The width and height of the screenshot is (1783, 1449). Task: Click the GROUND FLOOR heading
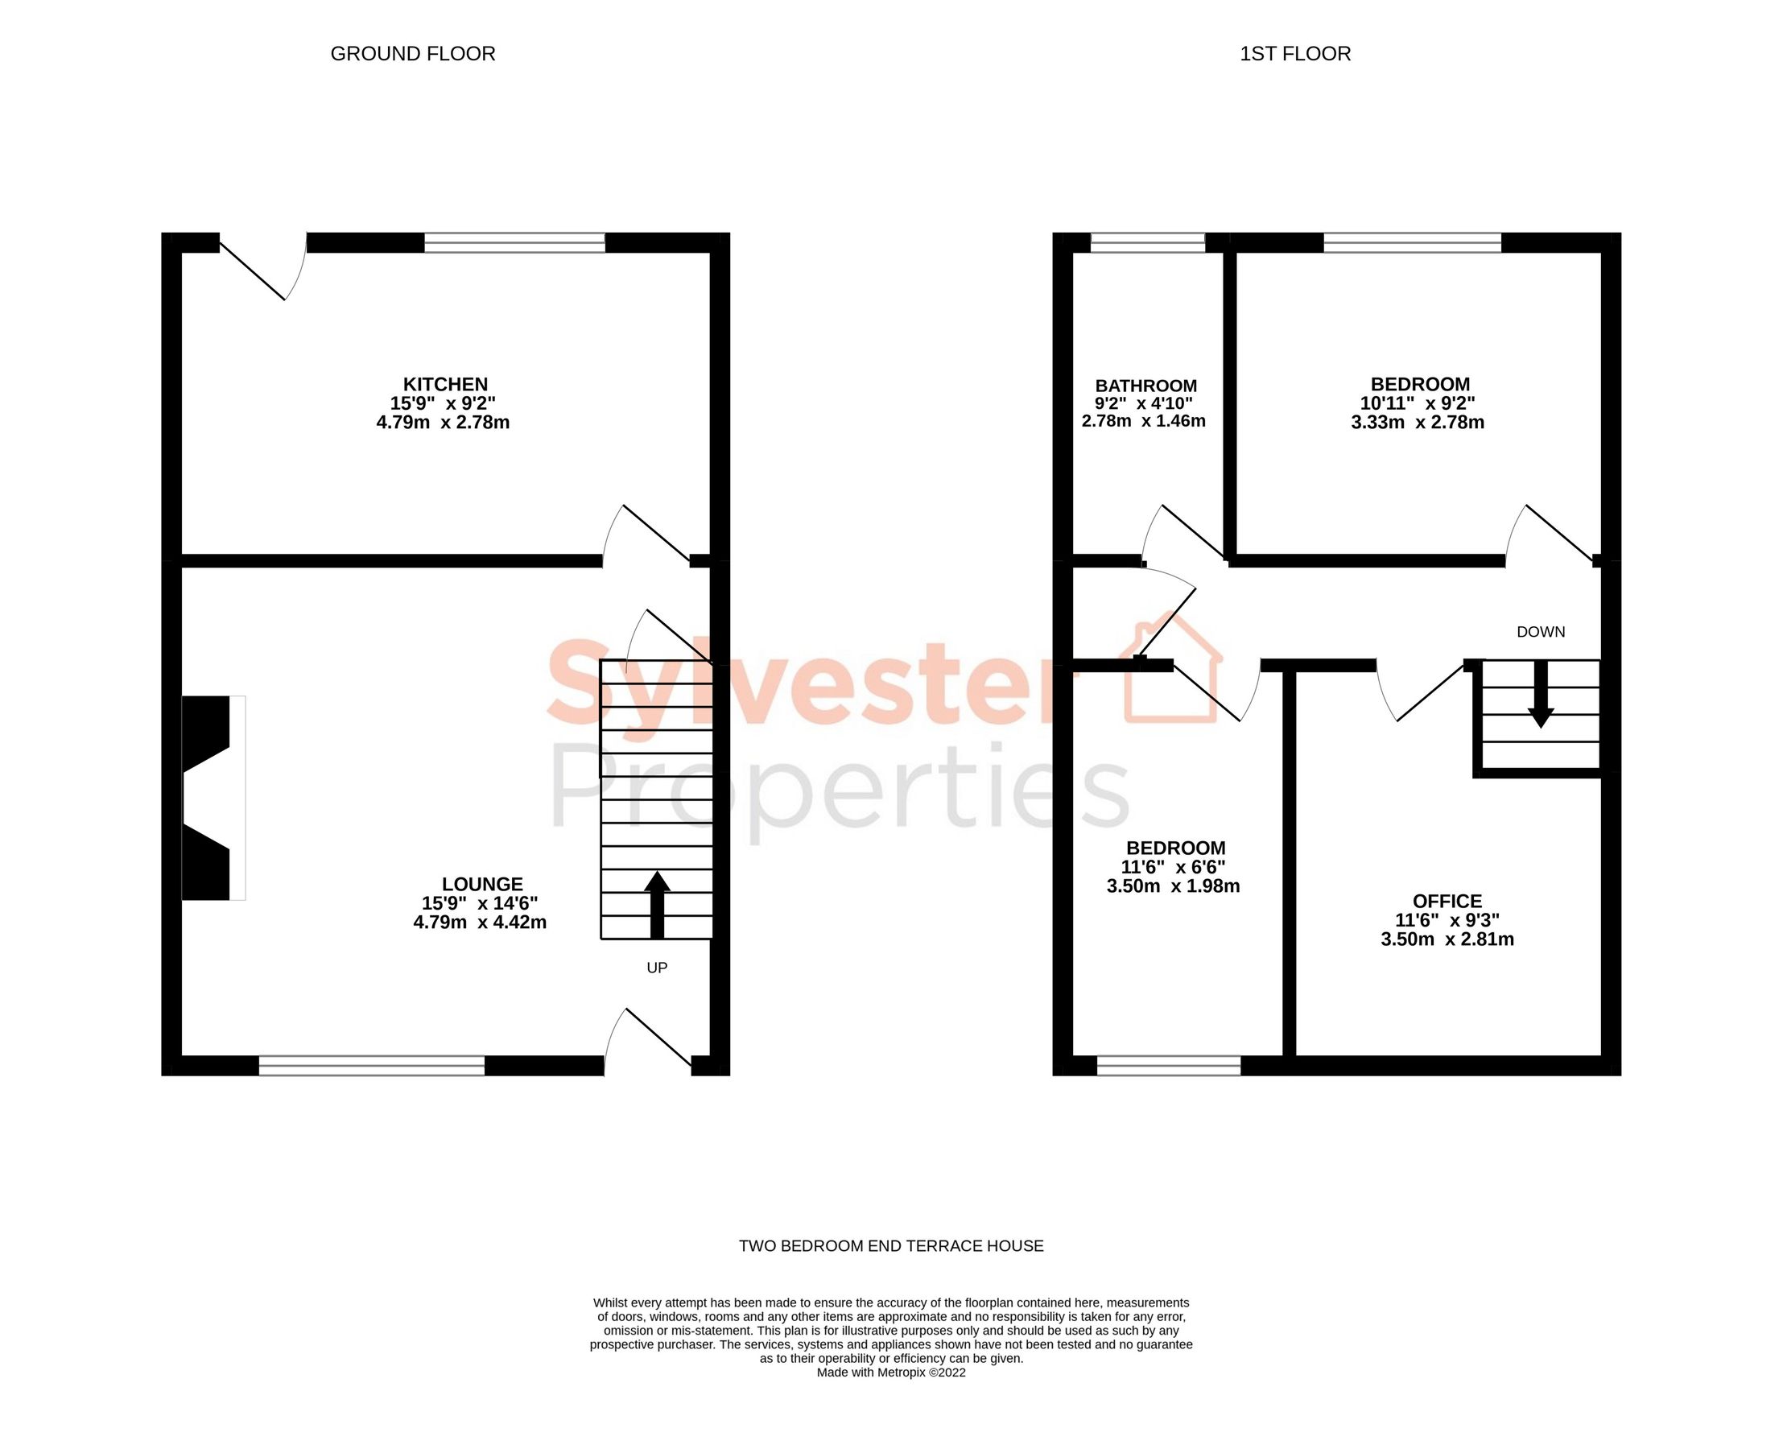[412, 53]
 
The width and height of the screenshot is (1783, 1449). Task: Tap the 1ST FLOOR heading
[1294, 53]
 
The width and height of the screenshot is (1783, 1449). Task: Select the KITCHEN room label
[445, 384]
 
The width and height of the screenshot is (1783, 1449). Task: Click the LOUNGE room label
[481, 884]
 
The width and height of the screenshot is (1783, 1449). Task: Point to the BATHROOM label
[1145, 386]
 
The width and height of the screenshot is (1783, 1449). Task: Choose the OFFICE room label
[1447, 901]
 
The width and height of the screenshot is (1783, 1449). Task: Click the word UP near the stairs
[657, 968]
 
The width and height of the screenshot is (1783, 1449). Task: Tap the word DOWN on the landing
[1540, 632]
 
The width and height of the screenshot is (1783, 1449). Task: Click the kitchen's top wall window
[514, 243]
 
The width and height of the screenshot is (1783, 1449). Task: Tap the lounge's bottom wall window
[371, 1065]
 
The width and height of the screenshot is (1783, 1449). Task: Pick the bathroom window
[1148, 243]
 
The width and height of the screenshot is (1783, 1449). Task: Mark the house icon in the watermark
[1172, 667]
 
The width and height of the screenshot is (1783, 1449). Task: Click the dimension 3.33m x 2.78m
[1418, 423]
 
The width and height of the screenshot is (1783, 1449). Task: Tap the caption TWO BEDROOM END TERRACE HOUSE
[890, 1246]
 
